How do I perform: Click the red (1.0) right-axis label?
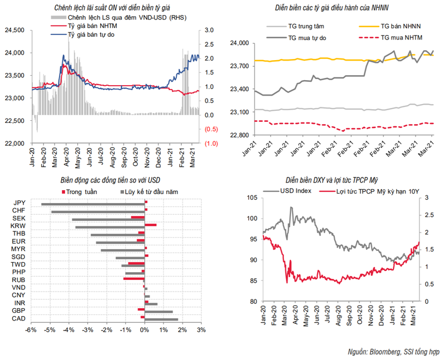point(211,144)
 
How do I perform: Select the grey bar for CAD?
point(161,319)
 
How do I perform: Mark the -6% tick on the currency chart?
point(31,330)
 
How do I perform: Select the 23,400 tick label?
point(240,89)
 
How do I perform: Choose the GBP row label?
point(18,311)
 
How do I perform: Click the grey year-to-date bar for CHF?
point(97,211)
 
